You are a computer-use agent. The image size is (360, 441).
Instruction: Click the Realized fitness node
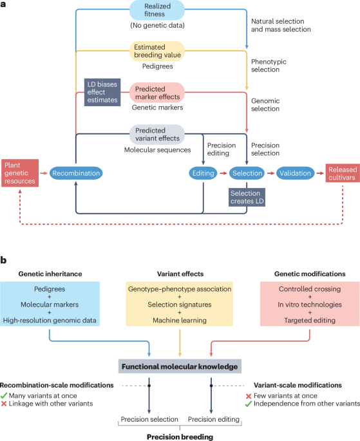click(157, 10)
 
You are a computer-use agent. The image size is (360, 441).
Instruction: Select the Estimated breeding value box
click(157, 51)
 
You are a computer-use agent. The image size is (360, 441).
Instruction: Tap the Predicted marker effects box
click(157, 93)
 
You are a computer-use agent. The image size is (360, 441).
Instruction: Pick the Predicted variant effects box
click(157, 134)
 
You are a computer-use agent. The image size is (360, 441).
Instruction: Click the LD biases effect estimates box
click(102, 92)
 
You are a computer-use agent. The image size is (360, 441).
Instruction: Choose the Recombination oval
click(76, 173)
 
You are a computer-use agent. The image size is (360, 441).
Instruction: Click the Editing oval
click(203, 173)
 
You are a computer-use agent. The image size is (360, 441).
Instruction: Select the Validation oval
click(295, 173)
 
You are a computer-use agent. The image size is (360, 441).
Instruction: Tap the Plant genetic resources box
click(20, 173)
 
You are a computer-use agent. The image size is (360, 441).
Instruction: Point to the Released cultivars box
click(343, 173)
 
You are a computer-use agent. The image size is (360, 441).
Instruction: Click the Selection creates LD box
click(247, 197)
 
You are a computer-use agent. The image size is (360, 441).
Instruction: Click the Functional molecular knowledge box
click(180, 366)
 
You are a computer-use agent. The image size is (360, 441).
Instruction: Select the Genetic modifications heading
click(310, 274)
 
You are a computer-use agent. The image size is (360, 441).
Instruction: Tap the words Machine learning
click(180, 320)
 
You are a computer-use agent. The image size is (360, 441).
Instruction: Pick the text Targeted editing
click(310, 320)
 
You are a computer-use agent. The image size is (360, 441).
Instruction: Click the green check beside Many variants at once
click(4, 396)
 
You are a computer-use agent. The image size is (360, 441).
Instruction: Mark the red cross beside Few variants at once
click(249, 396)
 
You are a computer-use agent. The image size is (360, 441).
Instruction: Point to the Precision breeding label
click(180, 436)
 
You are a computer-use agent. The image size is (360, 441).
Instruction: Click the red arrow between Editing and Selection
click(223, 173)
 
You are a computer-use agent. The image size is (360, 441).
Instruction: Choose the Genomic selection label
click(265, 105)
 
